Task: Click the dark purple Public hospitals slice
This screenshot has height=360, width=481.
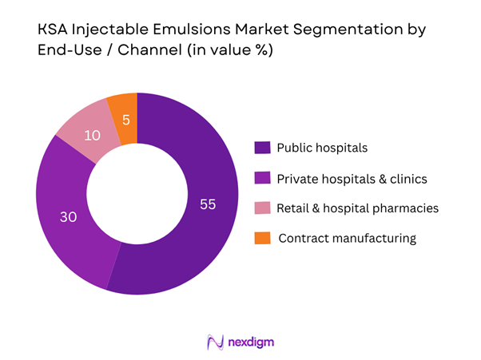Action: (200, 231)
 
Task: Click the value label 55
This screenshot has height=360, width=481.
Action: (207, 204)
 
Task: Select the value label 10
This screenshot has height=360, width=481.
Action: (92, 136)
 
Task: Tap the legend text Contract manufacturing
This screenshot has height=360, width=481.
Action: (348, 238)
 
